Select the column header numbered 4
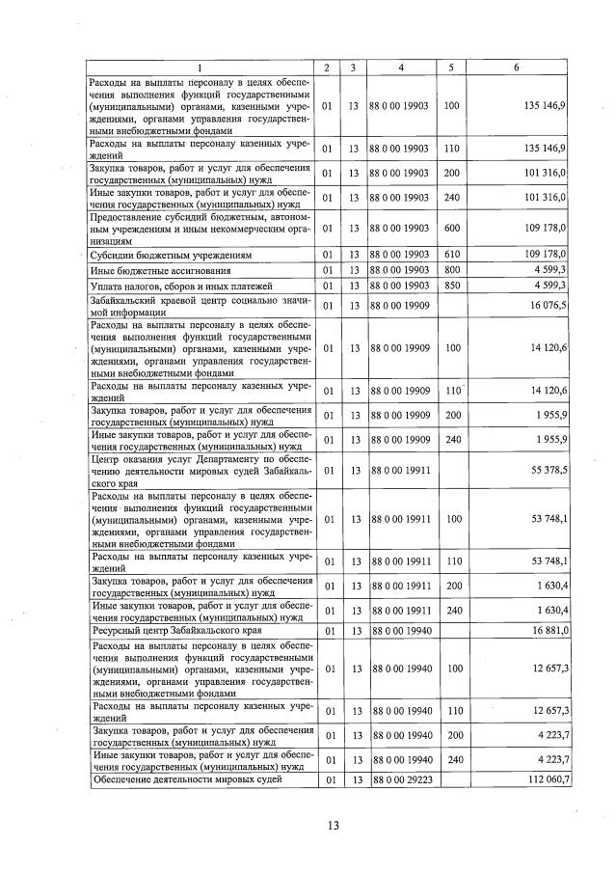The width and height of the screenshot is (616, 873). (x=400, y=68)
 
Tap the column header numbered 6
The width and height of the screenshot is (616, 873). (x=517, y=68)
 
